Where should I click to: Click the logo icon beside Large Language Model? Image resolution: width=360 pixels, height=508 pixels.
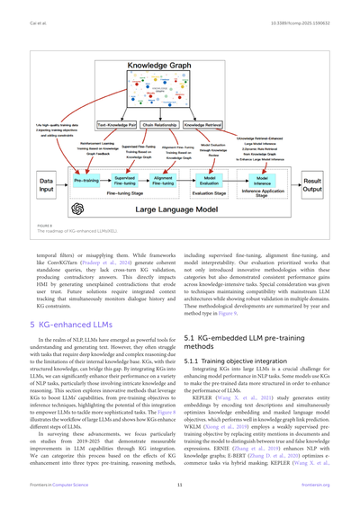click(x=77, y=209)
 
